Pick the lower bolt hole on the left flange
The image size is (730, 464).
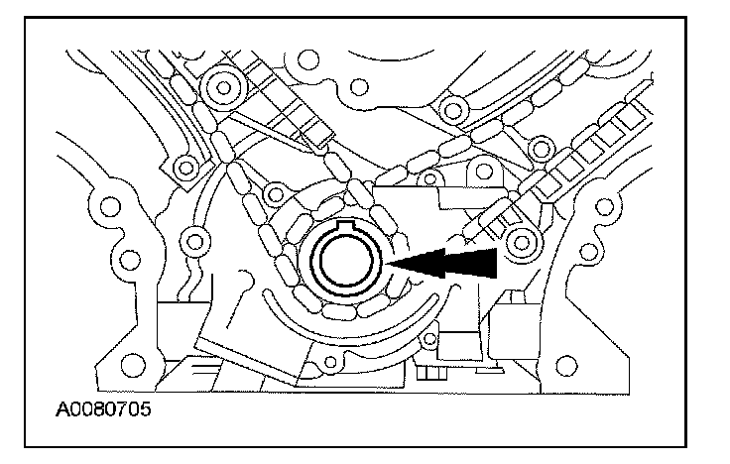click(126, 261)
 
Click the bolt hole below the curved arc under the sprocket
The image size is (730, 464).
click(318, 370)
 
